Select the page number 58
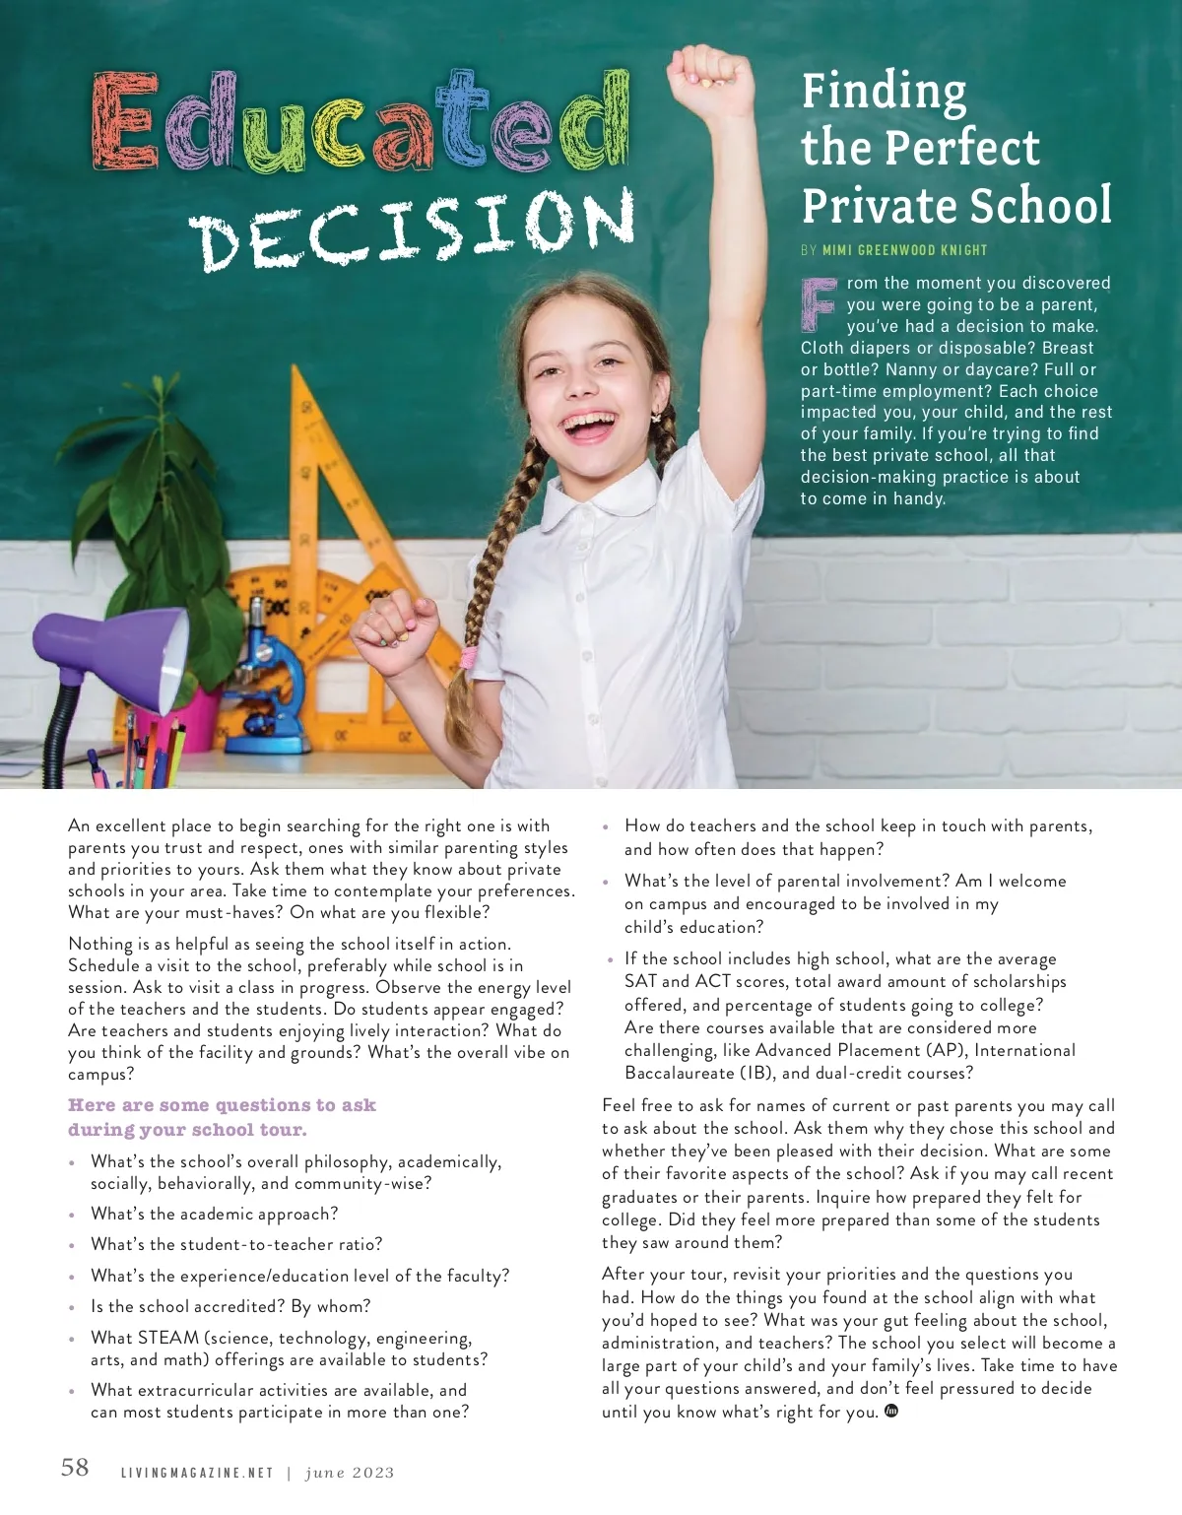[x=75, y=1468]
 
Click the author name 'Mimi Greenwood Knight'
[x=904, y=250]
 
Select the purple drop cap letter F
[x=821, y=303]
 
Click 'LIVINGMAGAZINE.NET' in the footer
[x=196, y=1474]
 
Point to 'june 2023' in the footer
[x=350, y=1474]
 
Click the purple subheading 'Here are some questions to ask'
[x=222, y=1105]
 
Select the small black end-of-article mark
[x=891, y=1411]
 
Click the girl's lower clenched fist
[x=391, y=630]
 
